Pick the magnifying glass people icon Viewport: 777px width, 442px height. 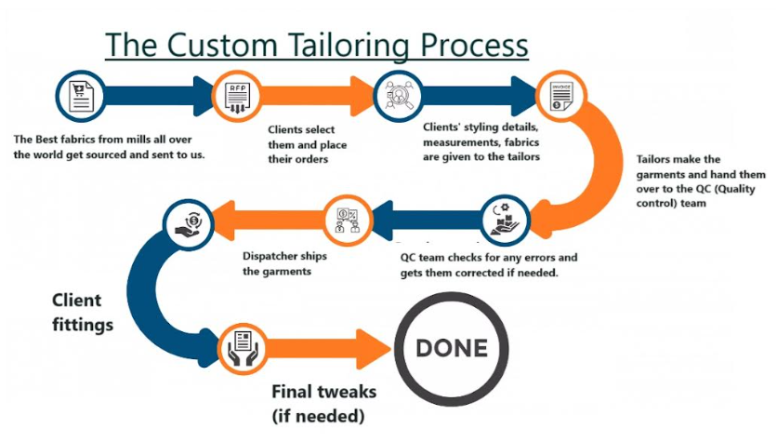click(x=396, y=95)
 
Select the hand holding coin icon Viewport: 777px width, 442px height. click(x=183, y=221)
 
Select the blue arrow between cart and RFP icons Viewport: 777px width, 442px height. click(x=158, y=95)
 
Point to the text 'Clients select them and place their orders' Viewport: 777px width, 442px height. click(x=302, y=144)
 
